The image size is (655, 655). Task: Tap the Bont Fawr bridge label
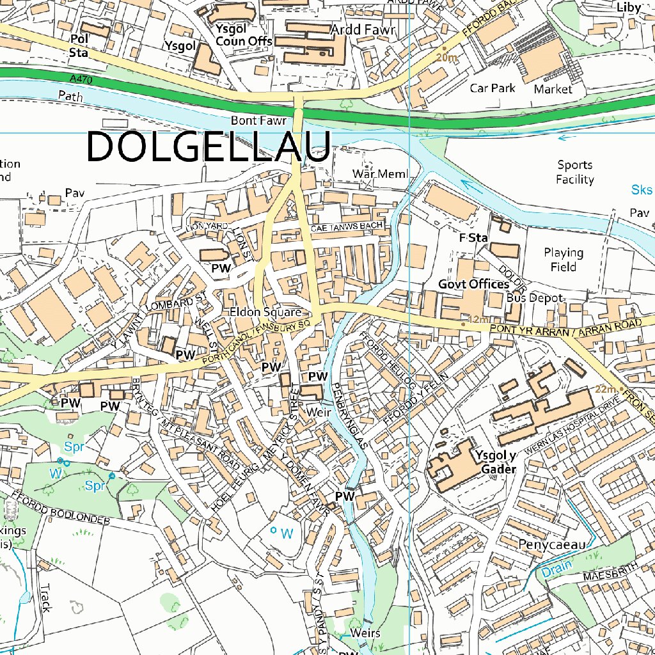(253, 120)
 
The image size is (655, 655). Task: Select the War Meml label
(380, 174)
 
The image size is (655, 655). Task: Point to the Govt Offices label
(473, 284)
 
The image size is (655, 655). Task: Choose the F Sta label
(474, 238)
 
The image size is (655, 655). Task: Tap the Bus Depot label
(535, 298)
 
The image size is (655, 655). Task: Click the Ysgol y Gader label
(495, 461)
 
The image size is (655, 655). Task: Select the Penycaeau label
(553, 544)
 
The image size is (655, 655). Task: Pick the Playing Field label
(563, 260)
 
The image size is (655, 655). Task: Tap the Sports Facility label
(574, 173)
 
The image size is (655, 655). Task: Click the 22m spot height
(605, 389)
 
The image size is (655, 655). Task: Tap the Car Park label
(493, 88)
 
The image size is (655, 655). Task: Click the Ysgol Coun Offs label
(244, 35)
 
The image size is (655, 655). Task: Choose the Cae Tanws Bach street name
(347, 226)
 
